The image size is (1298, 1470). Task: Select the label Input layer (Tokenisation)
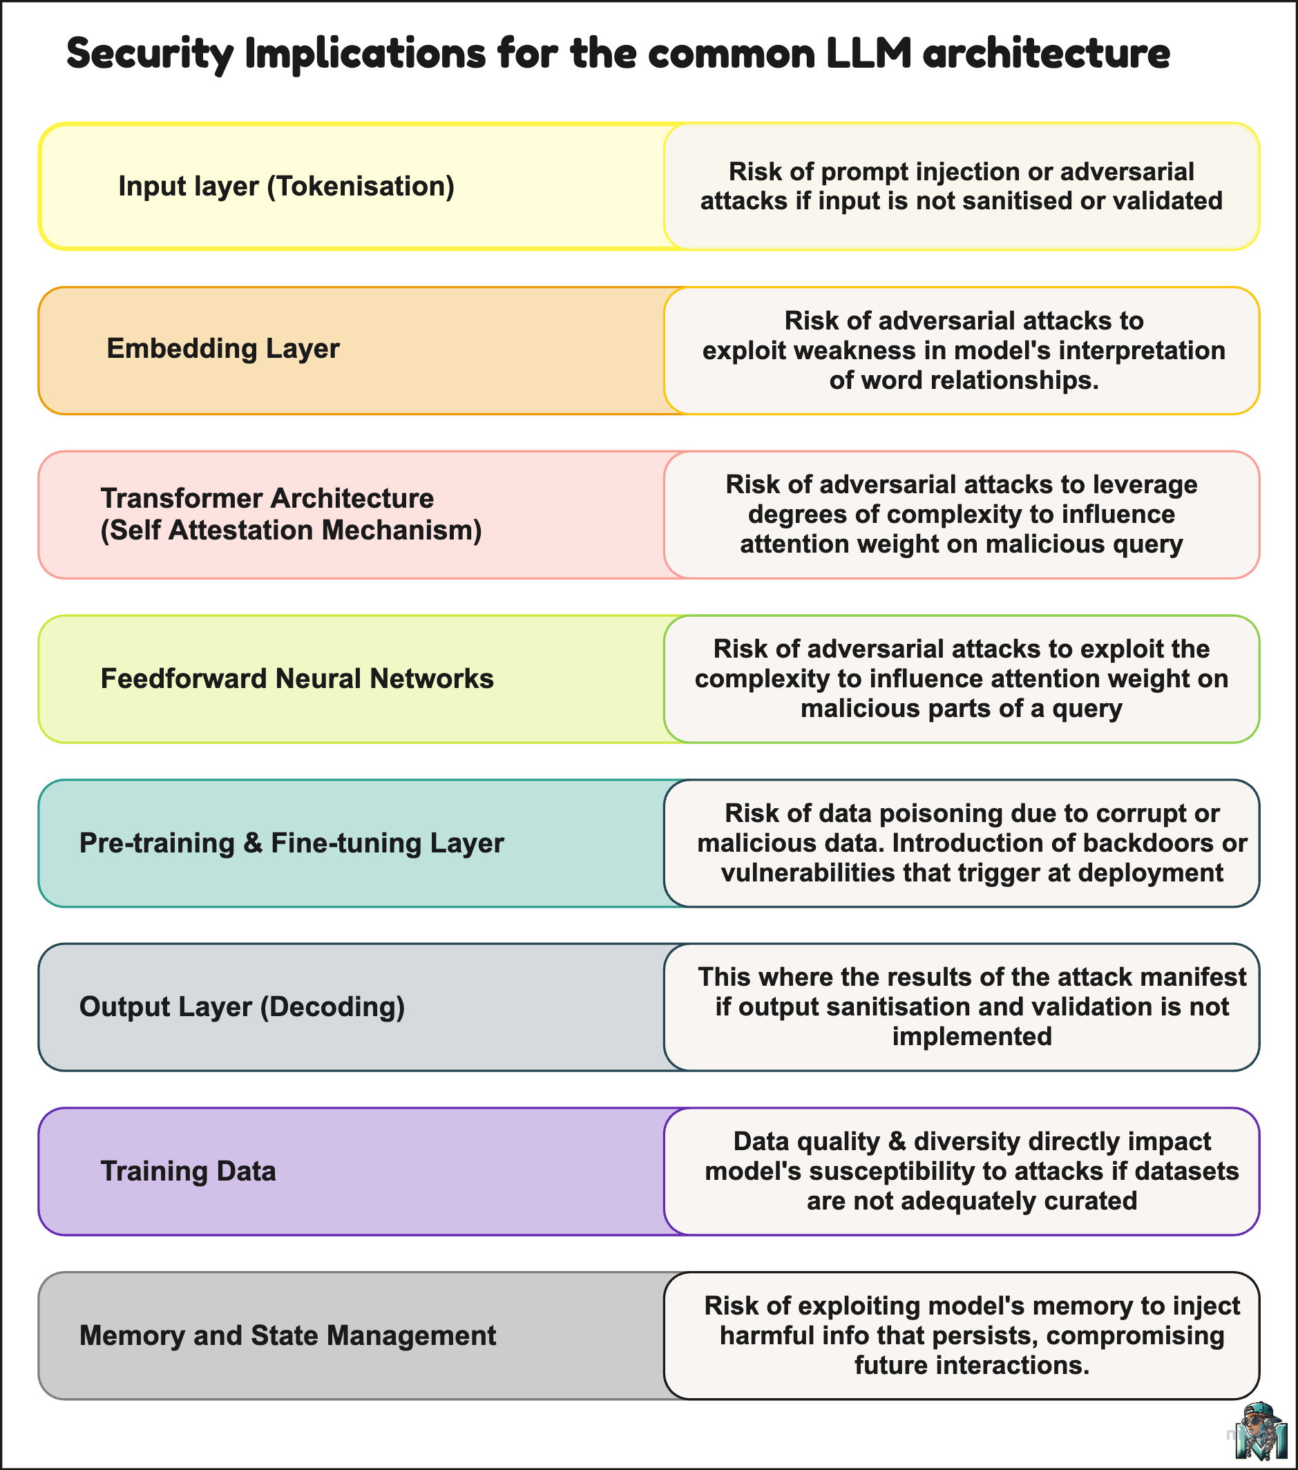pyautogui.click(x=286, y=187)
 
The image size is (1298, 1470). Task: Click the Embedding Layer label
pyautogui.click(x=223, y=349)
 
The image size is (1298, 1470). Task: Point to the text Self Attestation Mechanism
pyautogui.click(x=292, y=530)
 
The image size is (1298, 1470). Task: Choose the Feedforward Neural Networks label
pyautogui.click(x=297, y=679)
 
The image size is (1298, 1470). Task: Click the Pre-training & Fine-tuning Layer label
pyautogui.click(x=292, y=843)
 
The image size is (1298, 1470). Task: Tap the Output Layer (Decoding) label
pyautogui.click(x=242, y=1007)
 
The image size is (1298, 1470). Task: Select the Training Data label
pyautogui.click(x=189, y=1172)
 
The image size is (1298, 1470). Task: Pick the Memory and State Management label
pyautogui.click(x=287, y=1335)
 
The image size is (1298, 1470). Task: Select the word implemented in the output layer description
pyautogui.click(x=971, y=1036)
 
